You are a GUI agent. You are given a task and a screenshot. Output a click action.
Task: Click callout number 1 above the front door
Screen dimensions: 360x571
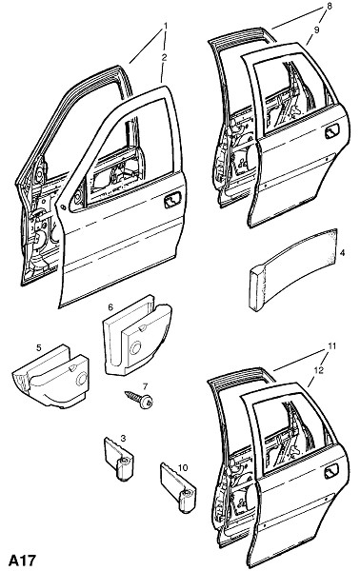(166, 27)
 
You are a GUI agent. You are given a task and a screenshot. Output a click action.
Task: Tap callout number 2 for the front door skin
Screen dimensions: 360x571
(165, 57)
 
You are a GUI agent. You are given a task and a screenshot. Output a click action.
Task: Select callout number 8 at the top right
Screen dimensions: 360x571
(329, 8)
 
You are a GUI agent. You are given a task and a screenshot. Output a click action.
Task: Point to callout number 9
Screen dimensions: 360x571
(316, 30)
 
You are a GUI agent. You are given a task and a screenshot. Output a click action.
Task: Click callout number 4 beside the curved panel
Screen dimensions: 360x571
(343, 253)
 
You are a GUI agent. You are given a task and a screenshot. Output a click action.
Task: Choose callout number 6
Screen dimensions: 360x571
(110, 307)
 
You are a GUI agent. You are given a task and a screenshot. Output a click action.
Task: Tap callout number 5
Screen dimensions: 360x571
(39, 347)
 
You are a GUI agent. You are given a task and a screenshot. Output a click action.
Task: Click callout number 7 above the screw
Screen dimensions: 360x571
(145, 386)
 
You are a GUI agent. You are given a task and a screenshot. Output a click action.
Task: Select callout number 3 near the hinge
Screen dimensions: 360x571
(123, 438)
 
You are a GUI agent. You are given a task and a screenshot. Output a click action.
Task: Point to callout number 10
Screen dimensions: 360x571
(183, 467)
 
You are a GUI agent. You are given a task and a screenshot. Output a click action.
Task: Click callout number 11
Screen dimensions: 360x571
(331, 346)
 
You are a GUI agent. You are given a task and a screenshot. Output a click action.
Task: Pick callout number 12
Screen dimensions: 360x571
(318, 370)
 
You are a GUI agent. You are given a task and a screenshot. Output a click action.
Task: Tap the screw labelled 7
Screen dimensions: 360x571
(139, 400)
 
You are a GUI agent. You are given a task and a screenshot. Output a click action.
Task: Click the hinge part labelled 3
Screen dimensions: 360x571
(119, 460)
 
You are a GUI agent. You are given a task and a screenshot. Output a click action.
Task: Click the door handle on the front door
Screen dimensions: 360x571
(172, 200)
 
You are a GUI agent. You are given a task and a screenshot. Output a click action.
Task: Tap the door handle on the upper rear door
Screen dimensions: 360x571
(332, 131)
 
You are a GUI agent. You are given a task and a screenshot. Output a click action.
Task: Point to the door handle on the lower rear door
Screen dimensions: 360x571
(331, 471)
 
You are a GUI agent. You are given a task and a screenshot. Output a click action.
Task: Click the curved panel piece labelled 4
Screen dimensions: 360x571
(293, 270)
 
